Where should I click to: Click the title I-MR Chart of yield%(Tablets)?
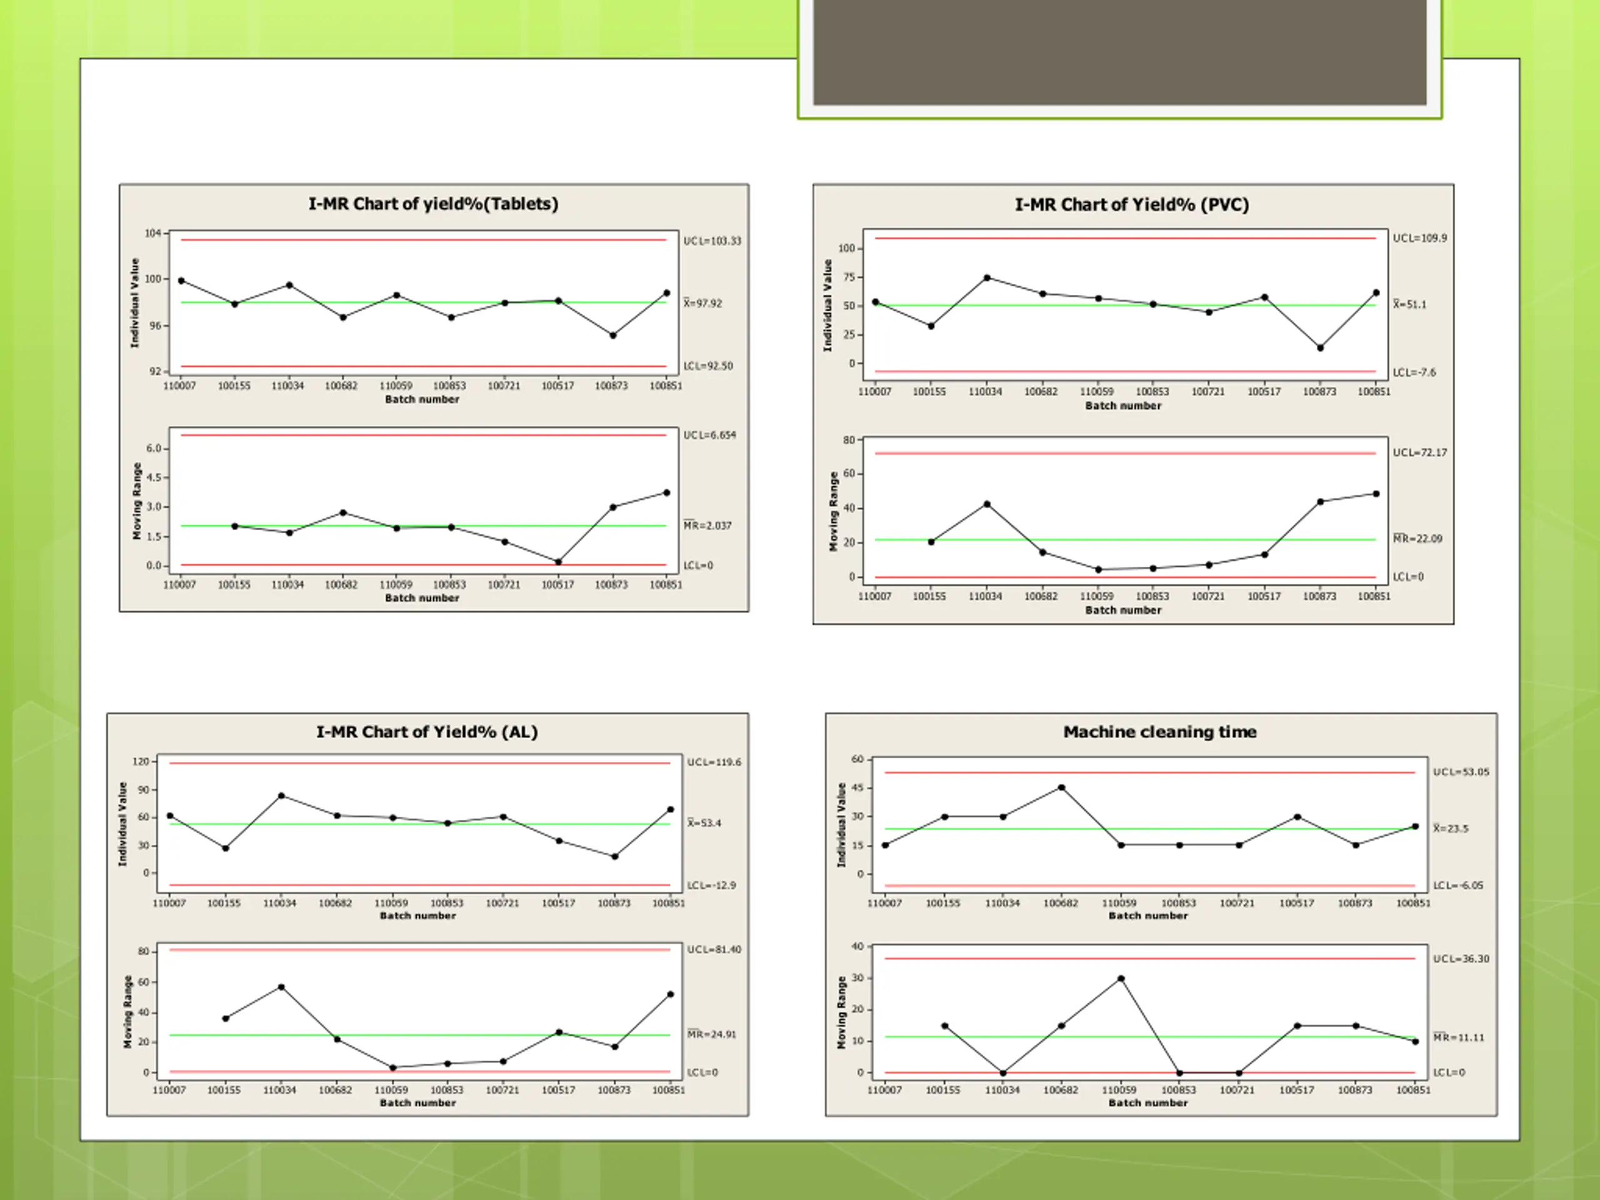433,204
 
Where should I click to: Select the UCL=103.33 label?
712,241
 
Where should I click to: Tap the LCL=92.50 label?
707,366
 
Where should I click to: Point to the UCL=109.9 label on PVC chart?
1419,238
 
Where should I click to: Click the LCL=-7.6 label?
1414,372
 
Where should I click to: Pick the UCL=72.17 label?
1419,452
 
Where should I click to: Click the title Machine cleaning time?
1159,732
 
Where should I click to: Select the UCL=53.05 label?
1461,772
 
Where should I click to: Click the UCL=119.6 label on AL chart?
713,762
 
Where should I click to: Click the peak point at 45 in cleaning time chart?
1061,787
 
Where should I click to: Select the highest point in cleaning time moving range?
1121,979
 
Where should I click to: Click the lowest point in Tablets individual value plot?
612,336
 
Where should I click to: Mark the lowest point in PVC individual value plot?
1320,348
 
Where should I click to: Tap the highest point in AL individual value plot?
281,796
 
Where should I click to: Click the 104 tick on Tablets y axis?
152,233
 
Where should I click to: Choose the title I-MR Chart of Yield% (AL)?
427,732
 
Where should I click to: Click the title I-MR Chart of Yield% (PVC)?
1131,205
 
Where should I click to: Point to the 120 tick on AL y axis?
141,762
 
